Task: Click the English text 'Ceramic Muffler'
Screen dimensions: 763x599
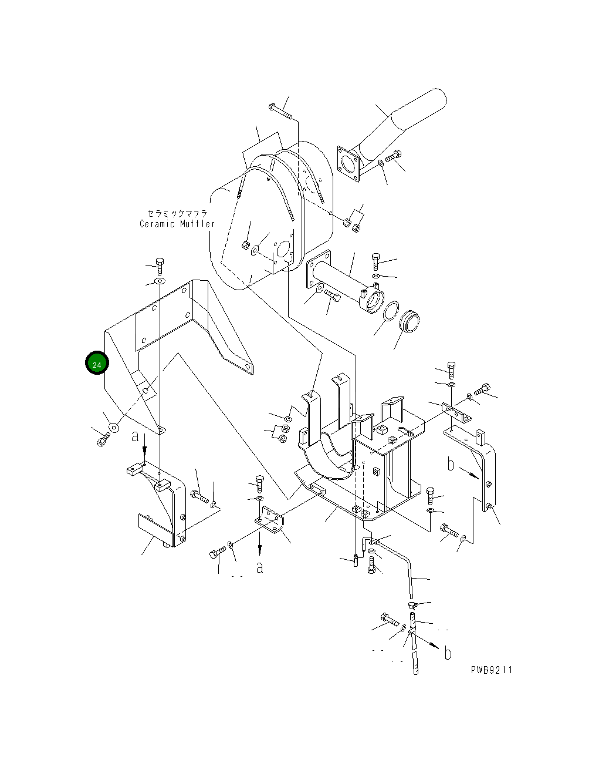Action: click(x=177, y=224)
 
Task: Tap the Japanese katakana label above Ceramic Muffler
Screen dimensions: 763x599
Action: click(x=177, y=213)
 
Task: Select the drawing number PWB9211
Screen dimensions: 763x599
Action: click(x=491, y=670)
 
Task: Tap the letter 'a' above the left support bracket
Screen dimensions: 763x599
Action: click(x=136, y=436)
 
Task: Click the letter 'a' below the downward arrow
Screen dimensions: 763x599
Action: click(x=260, y=567)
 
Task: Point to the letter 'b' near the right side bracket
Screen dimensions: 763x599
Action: click(x=451, y=465)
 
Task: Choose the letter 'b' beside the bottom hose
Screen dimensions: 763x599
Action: click(x=448, y=653)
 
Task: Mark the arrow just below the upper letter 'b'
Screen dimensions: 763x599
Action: click(x=469, y=472)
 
